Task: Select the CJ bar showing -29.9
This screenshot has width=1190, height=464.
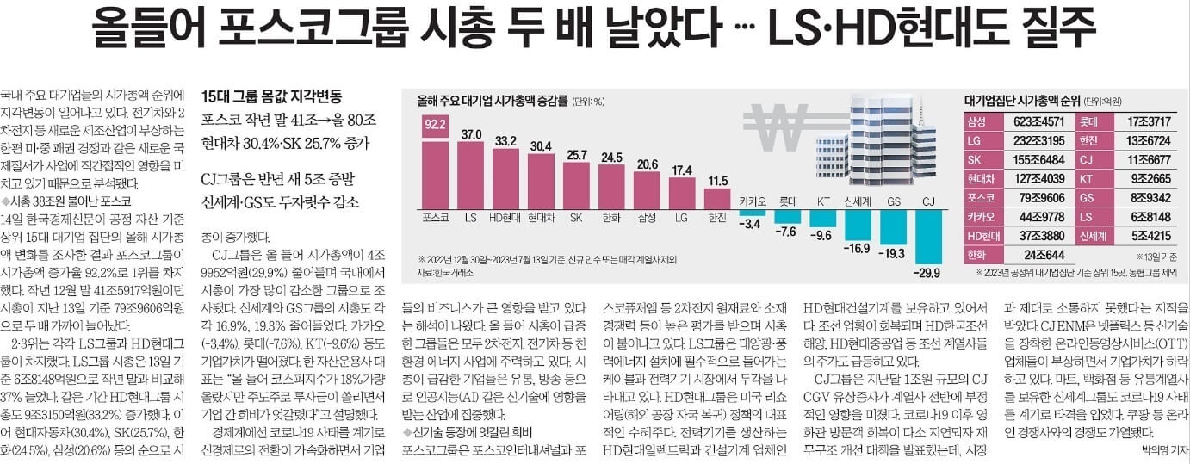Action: click(x=928, y=238)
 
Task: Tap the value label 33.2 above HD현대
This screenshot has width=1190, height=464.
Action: click(x=505, y=140)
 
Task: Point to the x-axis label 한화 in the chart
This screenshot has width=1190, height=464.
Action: click(x=611, y=219)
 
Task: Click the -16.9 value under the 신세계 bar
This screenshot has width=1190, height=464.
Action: click(x=857, y=250)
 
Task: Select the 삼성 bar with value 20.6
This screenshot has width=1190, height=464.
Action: click(x=647, y=191)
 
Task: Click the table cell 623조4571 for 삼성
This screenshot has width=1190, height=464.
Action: click(x=1038, y=122)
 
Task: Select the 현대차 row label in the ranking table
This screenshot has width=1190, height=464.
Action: click(x=982, y=179)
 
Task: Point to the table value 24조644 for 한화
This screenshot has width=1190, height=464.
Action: click(x=1038, y=255)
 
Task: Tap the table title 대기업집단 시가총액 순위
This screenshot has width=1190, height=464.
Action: click(x=1020, y=101)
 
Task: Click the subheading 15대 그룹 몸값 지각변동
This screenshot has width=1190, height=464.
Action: click(x=271, y=96)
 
